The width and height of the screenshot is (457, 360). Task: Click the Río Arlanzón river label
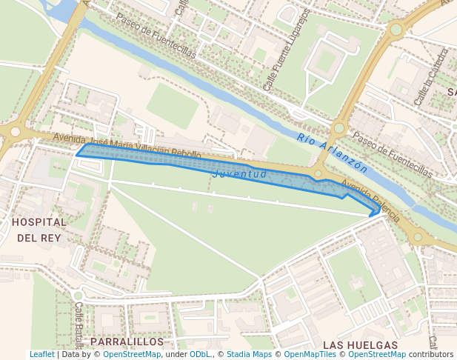(x=332, y=152)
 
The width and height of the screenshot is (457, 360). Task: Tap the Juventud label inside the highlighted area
(x=239, y=174)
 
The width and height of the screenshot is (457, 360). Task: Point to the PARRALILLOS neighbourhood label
(x=127, y=341)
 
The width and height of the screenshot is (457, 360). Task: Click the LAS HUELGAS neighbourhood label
(x=360, y=345)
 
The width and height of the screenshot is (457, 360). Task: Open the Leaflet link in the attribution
(x=41, y=355)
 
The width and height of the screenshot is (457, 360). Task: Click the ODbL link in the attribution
(x=201, y=355)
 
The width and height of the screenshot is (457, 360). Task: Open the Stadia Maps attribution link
(x=249, y=355)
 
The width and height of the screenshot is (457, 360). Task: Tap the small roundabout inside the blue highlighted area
(x=318, y=175)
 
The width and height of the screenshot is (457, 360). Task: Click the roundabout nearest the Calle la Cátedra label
(x=396, y=30)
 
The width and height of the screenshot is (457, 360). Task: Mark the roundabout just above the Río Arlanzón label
(x=339, y=128)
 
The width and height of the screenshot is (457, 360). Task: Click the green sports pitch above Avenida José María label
(x=173, y=106)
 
